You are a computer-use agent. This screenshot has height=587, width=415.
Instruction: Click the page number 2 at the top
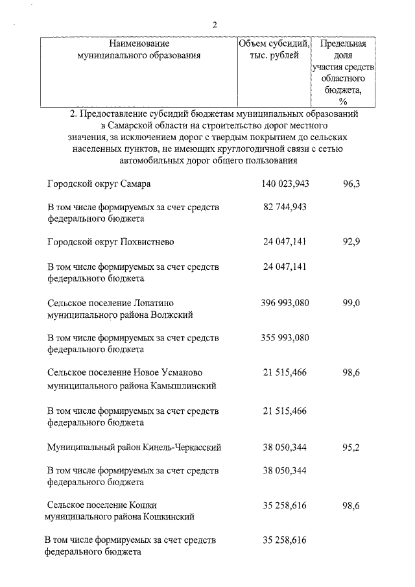[x=214, y=25]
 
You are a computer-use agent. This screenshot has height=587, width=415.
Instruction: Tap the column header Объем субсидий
[x=274, y=44]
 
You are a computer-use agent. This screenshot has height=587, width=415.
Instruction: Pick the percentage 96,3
[x=351, y=184]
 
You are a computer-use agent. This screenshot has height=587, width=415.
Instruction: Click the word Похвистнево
[x=147, y=242]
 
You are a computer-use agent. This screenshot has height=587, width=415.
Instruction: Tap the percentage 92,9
[x=351, y=242]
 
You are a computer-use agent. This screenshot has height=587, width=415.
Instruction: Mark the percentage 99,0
[x=351, y=303]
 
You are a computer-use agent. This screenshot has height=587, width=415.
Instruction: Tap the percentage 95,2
[x=351, y=448]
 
